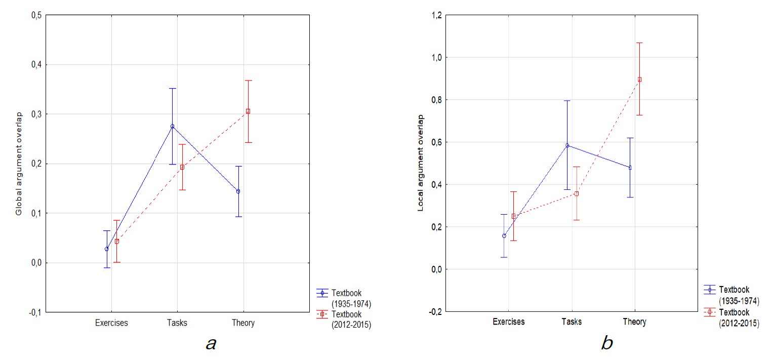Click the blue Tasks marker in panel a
[x=172, y=126]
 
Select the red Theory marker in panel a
[x=248, y=111]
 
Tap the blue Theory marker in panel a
[x=238, y=191]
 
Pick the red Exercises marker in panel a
[x=116, y=241]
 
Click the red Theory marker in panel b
[x=639, y=79]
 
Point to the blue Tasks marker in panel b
[x=567, y=145]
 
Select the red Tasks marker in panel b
[x=576, y=193]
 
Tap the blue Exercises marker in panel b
[x=504, y=235]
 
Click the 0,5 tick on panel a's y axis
[x=36, y=15]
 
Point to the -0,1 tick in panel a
[x=35, y=312]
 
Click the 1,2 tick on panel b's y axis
[x=435, y=15]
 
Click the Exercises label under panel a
[x=112, y=323]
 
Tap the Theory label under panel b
[x=634, y=322]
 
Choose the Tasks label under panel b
[x=572, y=322]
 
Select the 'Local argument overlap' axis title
[x=420, y=163]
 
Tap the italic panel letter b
[x=606, y=343]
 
